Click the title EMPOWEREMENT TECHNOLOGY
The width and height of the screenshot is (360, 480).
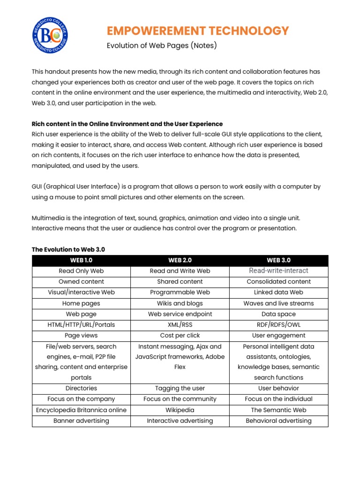coord(198,31)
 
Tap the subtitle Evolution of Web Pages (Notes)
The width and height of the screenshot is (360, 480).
coord(162,46)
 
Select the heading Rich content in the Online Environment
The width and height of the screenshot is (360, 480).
coord(127,124)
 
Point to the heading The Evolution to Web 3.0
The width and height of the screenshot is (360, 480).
coord(68,249)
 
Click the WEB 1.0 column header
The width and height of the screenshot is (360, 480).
coord(81,260)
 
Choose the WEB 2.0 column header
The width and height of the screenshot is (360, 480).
coord(180,260)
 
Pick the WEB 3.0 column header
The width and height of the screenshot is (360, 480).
coord(278,260)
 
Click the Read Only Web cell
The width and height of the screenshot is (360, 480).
coord(81,271)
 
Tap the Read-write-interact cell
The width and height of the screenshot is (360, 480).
coord(278,271)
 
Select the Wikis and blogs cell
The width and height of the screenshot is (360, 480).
coord(180,303)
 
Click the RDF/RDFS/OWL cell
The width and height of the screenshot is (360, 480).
coord(278,325)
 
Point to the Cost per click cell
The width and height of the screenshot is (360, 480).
coord(180,336)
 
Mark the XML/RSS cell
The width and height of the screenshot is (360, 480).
coord(180,325)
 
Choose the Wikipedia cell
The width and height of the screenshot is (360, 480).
coord(180,410)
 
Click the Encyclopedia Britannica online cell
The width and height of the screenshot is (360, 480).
coord(81,410)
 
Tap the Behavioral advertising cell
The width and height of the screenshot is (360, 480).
coord(278,420)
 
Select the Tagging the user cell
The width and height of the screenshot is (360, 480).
coord(180,388)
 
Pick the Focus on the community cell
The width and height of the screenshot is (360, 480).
coord(180,399)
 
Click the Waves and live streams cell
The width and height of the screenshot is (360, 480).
coord(278,303)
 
